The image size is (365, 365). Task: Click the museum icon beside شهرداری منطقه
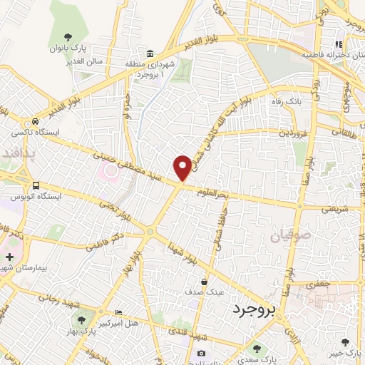tap(150, 54)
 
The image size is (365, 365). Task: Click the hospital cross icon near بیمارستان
tap(9, 256)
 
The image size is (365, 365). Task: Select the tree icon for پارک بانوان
tap(68, 36)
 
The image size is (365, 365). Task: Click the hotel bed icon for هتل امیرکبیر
tap(118, 313)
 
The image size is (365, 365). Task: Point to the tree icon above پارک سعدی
tap(257, 349)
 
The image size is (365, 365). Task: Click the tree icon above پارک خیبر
tap(346, 342)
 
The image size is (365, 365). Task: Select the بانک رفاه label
tap(284, 101)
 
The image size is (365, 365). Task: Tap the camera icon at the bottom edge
tap(202, 354)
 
